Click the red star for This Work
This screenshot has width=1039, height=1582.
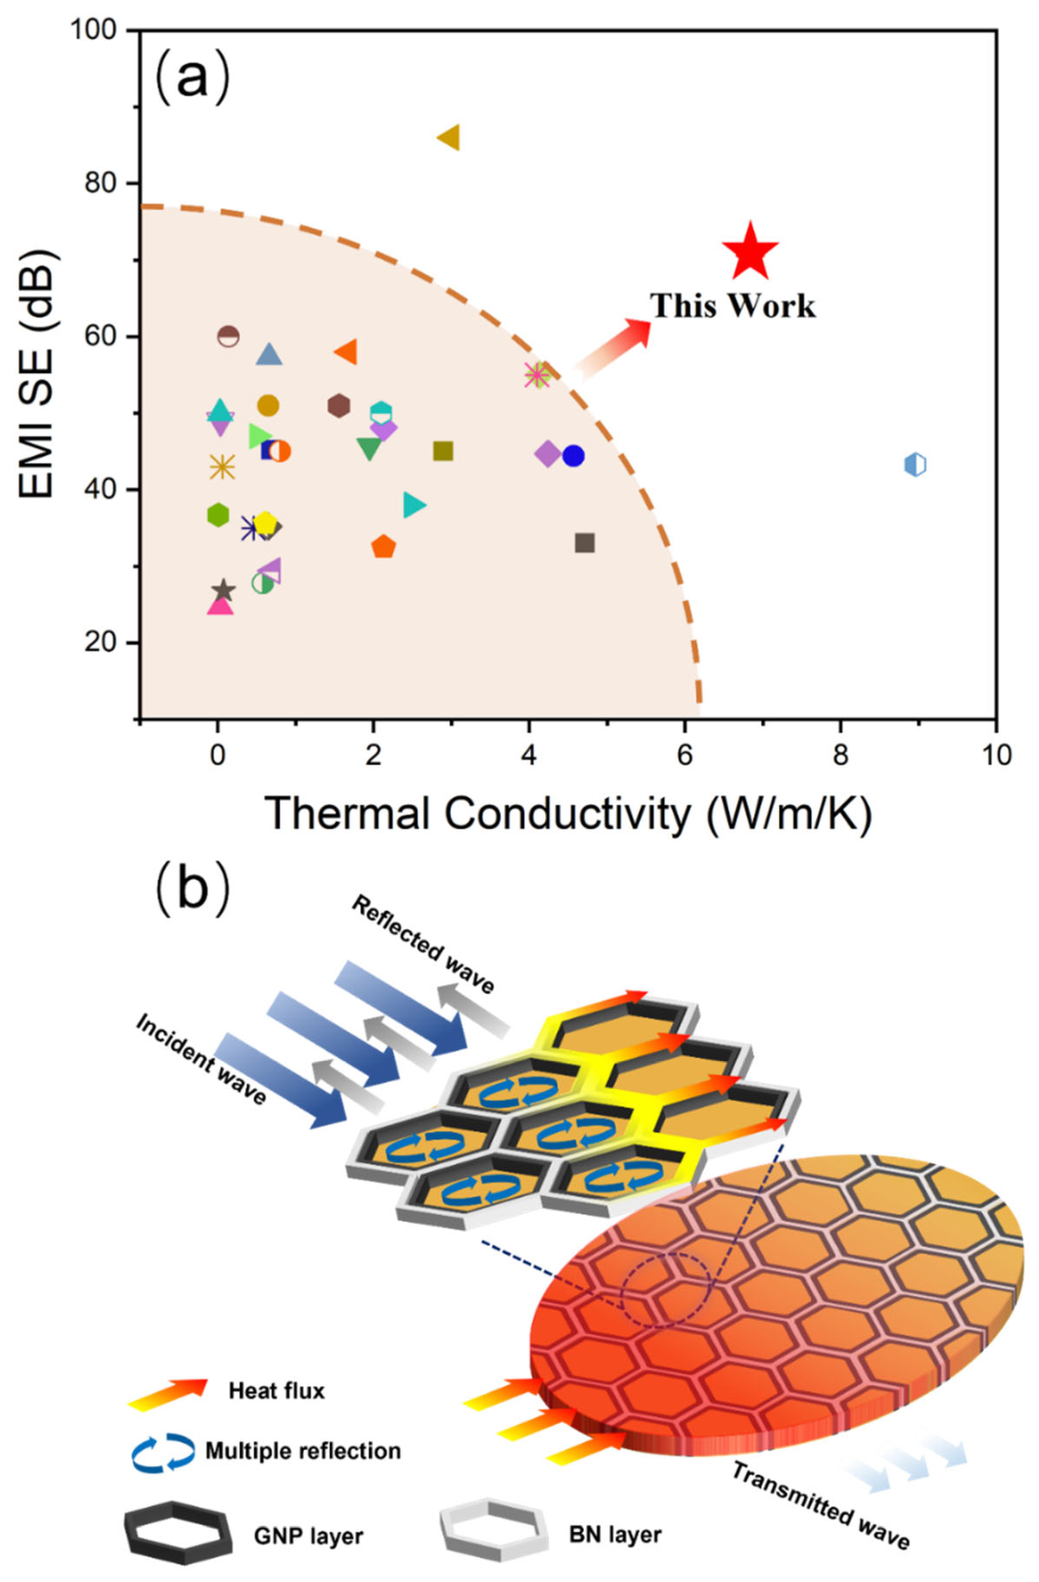coord(749,252)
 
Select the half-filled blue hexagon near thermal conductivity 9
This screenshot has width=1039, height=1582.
coord(915,464)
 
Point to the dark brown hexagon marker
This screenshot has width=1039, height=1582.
coord(339,405)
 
